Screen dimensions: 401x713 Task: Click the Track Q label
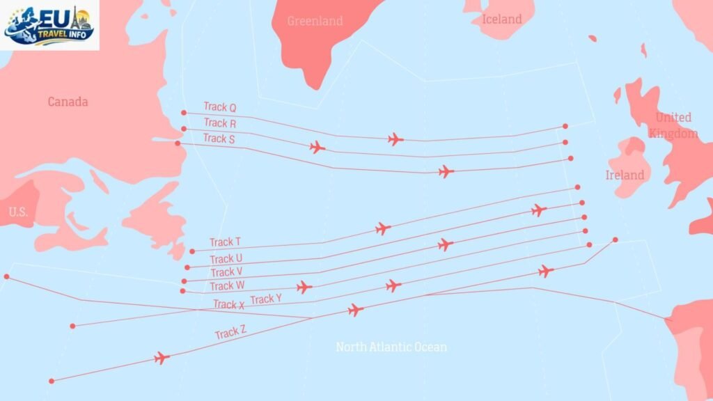(219, 107)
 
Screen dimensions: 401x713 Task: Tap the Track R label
(219, 123)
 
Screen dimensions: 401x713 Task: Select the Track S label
(219, 139)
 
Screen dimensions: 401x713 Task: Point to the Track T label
(225, 242)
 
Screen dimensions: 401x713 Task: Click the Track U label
(226, 259)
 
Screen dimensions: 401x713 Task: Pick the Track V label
(226, 272)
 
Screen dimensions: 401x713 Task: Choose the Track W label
(227, 286)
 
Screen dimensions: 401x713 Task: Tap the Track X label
(228, 304)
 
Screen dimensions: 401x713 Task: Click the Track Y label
(265, 299)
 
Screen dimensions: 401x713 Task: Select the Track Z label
(230, 333)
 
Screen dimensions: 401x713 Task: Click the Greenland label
(315, 21)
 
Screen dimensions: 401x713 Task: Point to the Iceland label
(501, 19)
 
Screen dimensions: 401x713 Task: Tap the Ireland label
(625, 175)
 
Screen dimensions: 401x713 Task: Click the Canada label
(68, 102)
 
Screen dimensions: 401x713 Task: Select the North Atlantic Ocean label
(391, 347)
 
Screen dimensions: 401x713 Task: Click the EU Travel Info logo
(49, 25)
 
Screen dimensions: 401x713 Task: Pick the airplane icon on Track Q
(395, 139)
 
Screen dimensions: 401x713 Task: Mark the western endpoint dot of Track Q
(184, 112)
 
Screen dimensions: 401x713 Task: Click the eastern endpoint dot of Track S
(571, 158)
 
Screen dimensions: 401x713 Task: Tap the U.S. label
(18, 212)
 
